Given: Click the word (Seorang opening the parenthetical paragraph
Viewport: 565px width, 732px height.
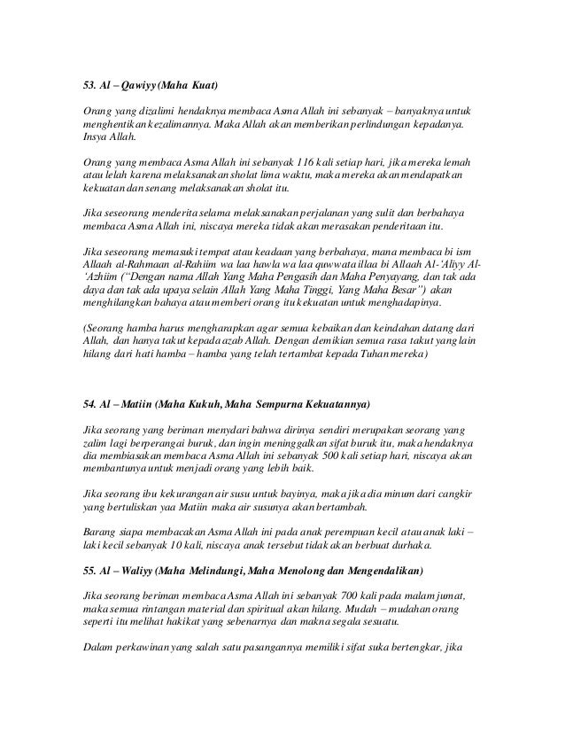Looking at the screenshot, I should coord(105,327).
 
